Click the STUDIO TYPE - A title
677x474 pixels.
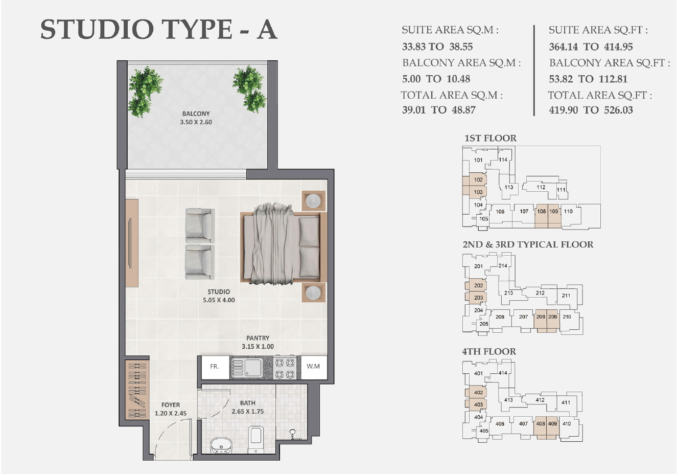click(x=158, y=29)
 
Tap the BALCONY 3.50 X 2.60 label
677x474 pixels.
click(x=196, y=118)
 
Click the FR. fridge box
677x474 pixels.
click(x=214, y=367)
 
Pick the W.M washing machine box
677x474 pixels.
click(x=313, y=367)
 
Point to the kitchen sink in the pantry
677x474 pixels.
click(x=246, y=367)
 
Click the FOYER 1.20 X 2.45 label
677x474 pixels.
click(x=171, y=409)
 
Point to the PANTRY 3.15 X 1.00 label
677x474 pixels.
click(x=258, y=342)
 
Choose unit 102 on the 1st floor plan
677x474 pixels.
click(x=478, y=180)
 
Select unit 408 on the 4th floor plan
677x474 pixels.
click(x=541, y=424)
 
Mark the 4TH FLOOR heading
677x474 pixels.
click(x=489, y=352)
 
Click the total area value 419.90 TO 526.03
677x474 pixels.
click(x=591, y=110)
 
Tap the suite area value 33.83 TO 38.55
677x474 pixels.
click(x=437, y=47)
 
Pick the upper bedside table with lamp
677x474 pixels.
click(x=313, y=201)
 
